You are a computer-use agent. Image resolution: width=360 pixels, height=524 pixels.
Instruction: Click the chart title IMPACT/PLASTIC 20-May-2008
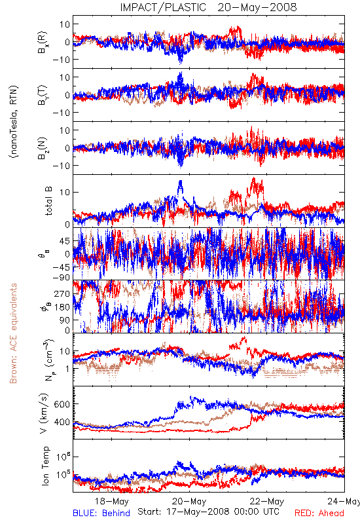(208, 7)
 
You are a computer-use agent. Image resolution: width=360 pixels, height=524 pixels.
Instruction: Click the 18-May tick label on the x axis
(111, 501)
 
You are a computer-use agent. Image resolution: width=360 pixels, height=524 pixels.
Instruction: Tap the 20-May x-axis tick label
(189, 501)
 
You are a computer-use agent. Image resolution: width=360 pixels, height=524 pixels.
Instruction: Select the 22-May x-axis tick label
(267, 501)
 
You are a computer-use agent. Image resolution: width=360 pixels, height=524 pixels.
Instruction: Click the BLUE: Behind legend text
(101, 513)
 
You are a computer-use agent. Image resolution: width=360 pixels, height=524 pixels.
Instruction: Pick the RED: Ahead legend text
(319, 513)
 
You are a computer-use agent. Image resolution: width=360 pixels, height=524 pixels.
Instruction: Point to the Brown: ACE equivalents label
(13, 333)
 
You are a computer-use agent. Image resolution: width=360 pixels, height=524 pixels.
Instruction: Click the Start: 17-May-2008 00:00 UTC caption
(208, 512)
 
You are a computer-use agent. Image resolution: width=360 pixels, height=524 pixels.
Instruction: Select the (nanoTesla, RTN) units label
(14, 122)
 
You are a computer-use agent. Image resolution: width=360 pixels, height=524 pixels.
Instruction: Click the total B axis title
(48, 201)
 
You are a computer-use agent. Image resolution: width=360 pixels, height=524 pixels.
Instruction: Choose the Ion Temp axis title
(45, 466)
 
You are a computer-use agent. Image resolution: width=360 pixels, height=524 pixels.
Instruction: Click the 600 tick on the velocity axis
(62, 404)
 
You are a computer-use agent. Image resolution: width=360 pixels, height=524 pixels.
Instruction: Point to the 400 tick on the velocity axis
(62, 422)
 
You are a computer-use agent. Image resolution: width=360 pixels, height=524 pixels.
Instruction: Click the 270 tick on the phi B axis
(62, 293)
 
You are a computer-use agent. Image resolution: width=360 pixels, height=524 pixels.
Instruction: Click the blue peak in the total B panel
(181, 182)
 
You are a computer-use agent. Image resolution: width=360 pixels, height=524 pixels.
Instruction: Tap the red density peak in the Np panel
(243, 338)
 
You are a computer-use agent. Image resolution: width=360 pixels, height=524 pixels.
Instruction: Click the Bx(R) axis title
(43, 42)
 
